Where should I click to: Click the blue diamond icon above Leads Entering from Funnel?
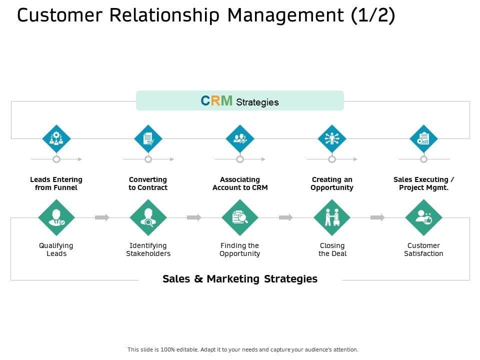[56, 138]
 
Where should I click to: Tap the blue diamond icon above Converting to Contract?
[148, 138]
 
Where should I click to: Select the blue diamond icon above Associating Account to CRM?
[240, 138]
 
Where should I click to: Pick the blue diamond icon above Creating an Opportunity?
[332, 138]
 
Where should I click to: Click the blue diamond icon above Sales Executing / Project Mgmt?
[423, 138]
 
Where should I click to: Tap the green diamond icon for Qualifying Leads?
[56, 217]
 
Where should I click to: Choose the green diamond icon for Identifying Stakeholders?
[148, 217]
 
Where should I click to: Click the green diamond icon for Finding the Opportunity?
[240, 217]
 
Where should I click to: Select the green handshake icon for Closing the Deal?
[332, 217]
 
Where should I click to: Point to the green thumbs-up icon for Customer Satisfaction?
[424, 217]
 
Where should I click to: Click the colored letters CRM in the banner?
[216, 101]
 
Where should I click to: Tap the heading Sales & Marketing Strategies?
[240, 279]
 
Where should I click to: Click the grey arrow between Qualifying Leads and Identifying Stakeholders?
[102, 217]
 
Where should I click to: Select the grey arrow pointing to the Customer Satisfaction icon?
[377, 217]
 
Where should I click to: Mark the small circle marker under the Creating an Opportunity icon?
[332, 159]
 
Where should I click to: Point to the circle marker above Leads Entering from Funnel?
[56, 159]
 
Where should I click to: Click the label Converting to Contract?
[148, 183]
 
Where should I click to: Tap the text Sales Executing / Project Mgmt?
[423, 183]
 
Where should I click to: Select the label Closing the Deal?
[332, 249]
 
